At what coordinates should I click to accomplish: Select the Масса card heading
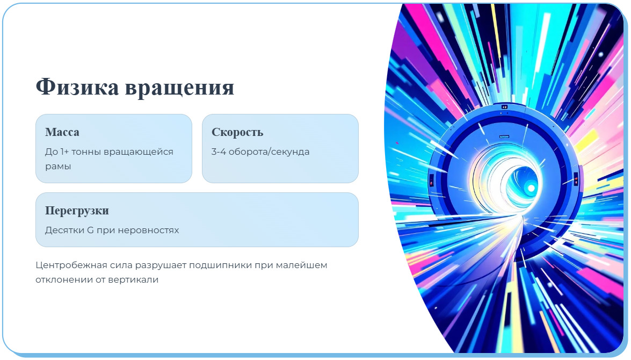click(62, 132)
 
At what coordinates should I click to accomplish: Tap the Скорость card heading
click(237, 132)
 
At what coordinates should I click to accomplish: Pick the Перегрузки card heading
click(77, 211)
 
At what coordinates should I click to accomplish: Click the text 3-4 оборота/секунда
click(260, 152)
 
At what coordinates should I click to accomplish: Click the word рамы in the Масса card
click(58, 166)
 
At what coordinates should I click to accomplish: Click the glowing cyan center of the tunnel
click(531, 188)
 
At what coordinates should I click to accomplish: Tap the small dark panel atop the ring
click(504, 107)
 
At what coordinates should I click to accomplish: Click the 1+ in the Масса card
click(64, 152)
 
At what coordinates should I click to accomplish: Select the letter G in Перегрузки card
click(90, 230)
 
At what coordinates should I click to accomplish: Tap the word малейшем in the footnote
click(305, 265)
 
